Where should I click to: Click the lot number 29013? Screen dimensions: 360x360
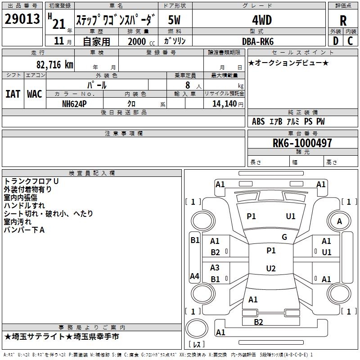[x=22, y=19]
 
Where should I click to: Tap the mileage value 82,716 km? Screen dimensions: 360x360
[x=55, y=65]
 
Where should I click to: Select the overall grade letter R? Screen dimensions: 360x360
[x=343, y=21]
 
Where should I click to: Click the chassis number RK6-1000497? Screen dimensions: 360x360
[x=302, y=143]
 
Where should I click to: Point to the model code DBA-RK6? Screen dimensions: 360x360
[x=258, y=41]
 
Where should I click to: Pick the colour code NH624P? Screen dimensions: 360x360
[x=74, y=104]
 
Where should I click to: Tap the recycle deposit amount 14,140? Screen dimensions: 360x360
[x=225, y=104]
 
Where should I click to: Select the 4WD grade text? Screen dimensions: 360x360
[x=262, y=20]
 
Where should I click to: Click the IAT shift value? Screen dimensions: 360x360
[x=13, y=94]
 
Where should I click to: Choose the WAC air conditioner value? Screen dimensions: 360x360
[x=35, y=94]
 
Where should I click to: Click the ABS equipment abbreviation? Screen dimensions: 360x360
[x=258, y=121]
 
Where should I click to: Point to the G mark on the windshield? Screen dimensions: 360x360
[x=284, y=237]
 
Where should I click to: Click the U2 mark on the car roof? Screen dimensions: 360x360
[x=271, y=268]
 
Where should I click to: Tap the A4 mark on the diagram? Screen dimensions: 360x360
[x=194, y=276]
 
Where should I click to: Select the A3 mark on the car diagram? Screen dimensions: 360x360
[x=215, y=267]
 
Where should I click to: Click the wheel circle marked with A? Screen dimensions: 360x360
[x=339, y=221]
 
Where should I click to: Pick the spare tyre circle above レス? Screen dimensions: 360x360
[x=197, y=328]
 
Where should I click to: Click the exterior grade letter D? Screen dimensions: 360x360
[x=336, y=41]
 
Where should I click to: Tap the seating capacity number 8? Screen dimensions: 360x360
[x=188, y=85]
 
